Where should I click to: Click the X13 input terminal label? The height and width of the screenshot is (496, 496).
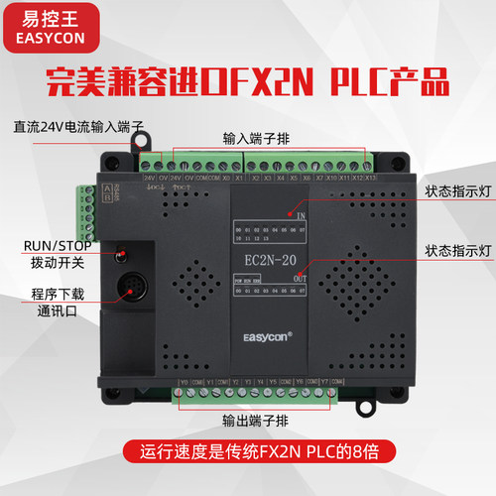pyautogui.click(x=370, y=180)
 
